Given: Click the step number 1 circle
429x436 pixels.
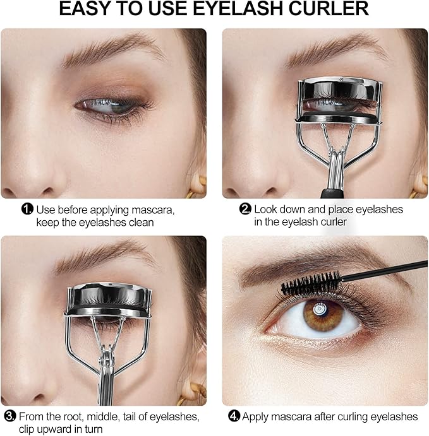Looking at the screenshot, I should tap(27, 209).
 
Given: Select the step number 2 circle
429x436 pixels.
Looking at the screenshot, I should tap(245, 209).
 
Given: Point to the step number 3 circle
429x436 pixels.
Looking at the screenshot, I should tap(10, 416).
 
